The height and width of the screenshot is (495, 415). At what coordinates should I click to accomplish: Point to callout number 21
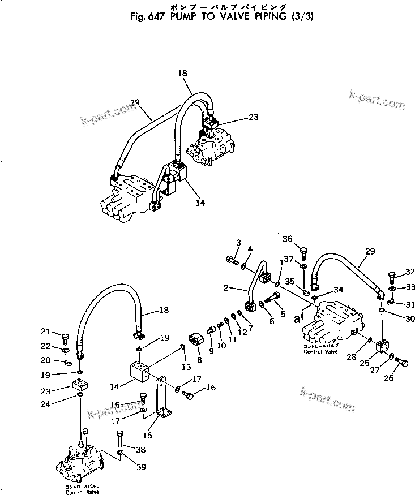coord(44,331)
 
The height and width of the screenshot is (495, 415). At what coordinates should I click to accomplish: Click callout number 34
coord(338,290)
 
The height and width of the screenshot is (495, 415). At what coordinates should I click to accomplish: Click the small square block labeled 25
coord(382,345)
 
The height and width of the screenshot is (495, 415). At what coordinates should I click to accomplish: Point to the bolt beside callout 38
coord(121,438)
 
